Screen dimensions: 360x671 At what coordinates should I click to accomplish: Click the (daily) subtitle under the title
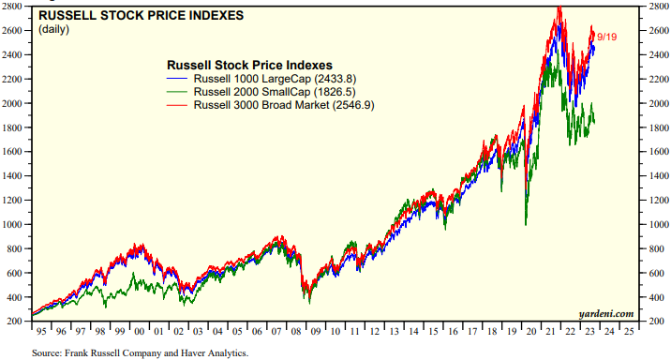pyautogui.click(x=55, y=30)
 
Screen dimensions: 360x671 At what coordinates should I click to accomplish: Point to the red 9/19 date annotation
pyautogui.click(x=607, y=37)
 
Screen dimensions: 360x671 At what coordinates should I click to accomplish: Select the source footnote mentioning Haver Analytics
pyautogui.click(x=142, y=352)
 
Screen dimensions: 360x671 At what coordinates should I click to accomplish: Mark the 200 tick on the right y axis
pyautogui.click(x=653, y=322)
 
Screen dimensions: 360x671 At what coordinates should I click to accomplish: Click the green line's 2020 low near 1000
pyautogui.click(x=526, y=224)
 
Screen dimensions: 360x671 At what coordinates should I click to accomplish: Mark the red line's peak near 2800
pyautogui.click(x=559, y=8)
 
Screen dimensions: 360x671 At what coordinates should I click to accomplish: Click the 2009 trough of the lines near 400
pyautogui.click(x=309, y=300)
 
